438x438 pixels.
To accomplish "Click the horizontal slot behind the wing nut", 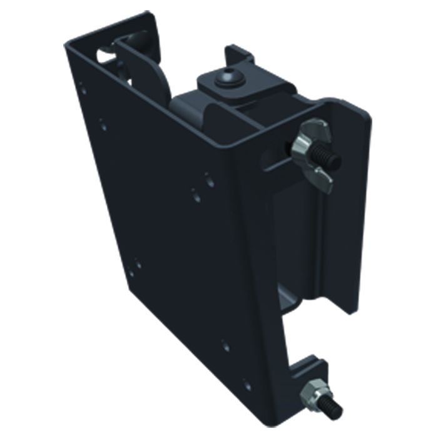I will point(275,161).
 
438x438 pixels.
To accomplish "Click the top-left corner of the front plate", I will point(68,44).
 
